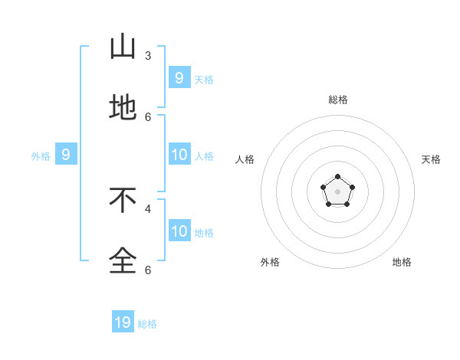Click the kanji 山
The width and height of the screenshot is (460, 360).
[123, 47]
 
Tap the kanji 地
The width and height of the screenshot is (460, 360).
[123, 108]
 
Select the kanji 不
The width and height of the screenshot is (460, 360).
[123, 200]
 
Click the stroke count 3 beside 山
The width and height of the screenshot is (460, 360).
[148, 55]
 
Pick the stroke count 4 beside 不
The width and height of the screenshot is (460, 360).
[148, 208]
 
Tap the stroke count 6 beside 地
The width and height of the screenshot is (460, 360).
[148, 116]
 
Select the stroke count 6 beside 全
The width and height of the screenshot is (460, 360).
[148, 270]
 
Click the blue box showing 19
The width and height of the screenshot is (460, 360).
[123, 322]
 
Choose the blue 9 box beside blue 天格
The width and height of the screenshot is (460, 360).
[179, 77]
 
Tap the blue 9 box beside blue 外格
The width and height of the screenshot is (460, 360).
[66, 155]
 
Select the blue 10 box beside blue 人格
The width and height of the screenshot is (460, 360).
[179, 155]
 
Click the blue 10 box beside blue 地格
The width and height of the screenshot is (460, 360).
[179, 231]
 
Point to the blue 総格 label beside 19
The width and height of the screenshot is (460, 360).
[147, 324]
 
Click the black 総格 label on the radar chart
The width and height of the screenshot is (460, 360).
[337, 100]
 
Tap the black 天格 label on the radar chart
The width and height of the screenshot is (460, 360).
[431, 159]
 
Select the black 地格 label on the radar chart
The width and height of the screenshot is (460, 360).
[402, 262]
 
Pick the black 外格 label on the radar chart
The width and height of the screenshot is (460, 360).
[270, 262]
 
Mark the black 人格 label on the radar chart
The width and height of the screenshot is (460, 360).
[245, 159]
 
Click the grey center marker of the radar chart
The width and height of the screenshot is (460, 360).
[337, 191]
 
